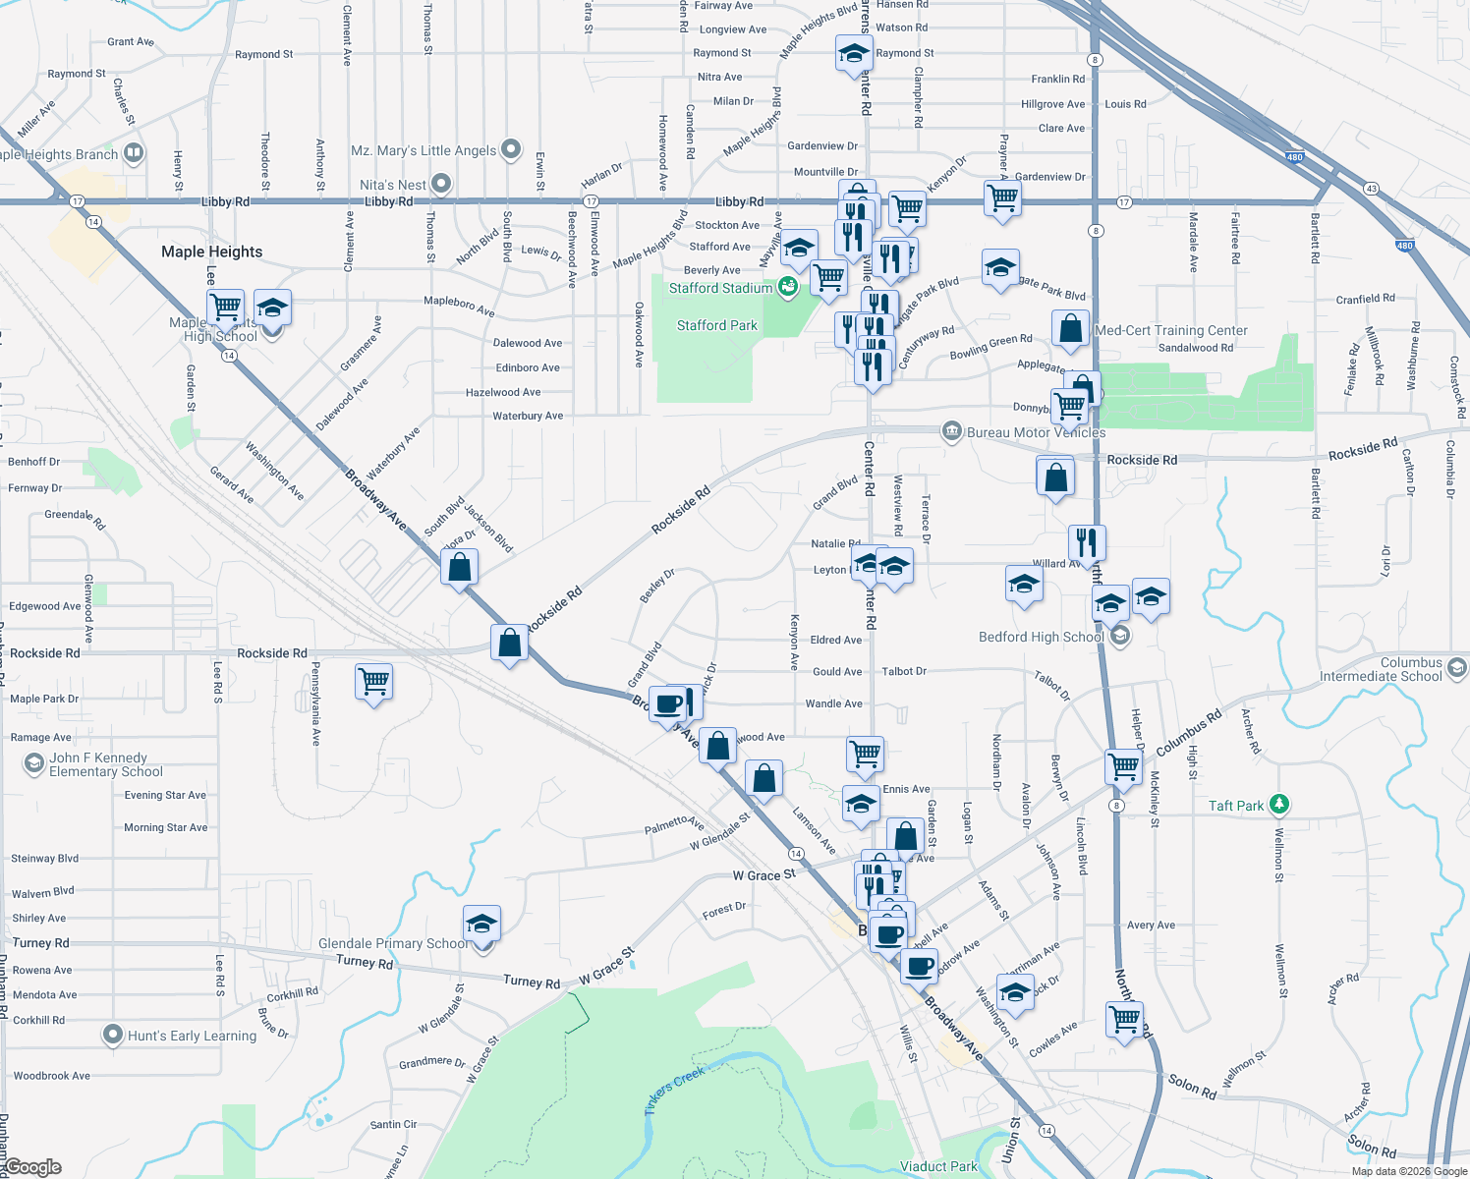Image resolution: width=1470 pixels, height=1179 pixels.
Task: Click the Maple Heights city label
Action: point(211,252)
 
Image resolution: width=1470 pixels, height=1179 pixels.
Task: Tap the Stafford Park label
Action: point(717,325)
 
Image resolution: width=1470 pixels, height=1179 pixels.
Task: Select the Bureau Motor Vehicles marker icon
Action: point(951,431)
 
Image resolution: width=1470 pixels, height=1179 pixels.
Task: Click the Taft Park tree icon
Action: point(1278,805)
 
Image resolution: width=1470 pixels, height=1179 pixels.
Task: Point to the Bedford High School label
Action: point(1041,637)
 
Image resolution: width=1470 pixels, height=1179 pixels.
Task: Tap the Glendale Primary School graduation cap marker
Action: point(481,925)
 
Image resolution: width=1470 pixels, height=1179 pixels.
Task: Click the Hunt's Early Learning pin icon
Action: point(113,1035)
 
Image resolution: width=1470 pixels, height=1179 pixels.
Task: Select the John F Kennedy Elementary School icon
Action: point(34,763)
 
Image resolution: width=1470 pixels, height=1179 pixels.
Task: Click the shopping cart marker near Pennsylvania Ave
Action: point(374,680)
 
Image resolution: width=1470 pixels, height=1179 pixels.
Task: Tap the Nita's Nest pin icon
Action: point(441,184)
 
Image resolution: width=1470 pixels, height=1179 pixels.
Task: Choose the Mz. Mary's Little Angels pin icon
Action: point(511,149)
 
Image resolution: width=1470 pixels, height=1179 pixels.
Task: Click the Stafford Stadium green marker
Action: point(787,287)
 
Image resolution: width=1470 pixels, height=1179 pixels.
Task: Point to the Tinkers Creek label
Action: point(675,1090)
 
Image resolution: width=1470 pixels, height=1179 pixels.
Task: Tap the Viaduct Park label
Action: point(938,1166)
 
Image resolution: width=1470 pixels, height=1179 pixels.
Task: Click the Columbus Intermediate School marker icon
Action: point(1457,668)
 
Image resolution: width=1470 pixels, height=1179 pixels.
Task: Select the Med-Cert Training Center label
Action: point(1171,330)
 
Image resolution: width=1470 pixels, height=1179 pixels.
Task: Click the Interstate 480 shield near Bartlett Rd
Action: point(1294,157)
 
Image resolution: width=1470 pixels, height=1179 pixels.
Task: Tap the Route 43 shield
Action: point(1371,188)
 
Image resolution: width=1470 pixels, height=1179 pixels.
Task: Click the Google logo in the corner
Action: point(31,1167)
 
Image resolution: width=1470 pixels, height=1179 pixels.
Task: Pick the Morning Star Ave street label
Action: point(166,827)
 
